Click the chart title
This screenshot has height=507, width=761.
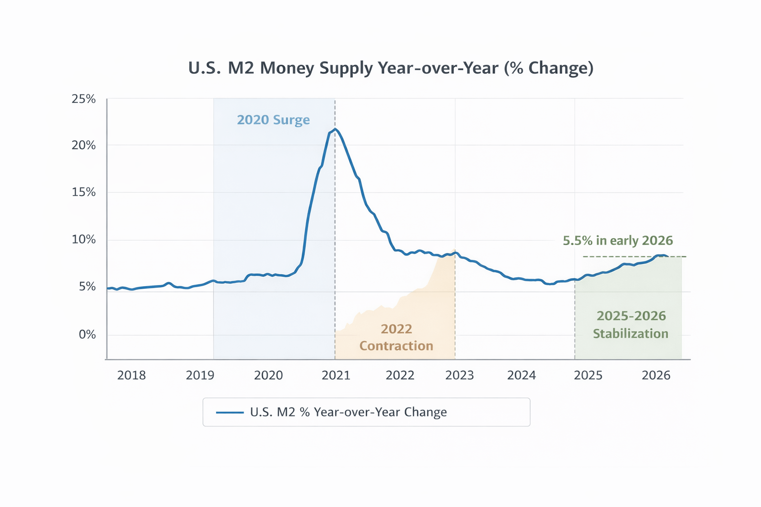390,68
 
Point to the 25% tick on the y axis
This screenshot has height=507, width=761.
84,99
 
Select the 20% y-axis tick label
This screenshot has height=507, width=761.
84,146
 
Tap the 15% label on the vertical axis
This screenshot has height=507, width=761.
84,192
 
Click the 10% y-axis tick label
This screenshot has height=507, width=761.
84,240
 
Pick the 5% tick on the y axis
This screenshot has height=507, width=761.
87,287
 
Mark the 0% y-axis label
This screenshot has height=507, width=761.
87,335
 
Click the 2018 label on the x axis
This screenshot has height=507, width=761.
131,375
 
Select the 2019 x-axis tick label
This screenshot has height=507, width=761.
200,375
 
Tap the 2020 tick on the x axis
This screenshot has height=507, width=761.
268,375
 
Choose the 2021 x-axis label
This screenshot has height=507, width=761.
336,375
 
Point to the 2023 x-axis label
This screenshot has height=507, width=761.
459,375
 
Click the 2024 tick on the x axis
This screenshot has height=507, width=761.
521,375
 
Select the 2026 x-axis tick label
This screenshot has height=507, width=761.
656,375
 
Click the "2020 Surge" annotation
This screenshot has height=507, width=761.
273,120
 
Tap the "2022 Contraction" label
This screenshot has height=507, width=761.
396,337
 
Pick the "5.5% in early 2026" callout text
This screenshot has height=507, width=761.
618,241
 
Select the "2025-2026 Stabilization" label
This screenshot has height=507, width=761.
631,325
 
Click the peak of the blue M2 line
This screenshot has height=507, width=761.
335,129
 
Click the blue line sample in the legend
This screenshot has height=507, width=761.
230,412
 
